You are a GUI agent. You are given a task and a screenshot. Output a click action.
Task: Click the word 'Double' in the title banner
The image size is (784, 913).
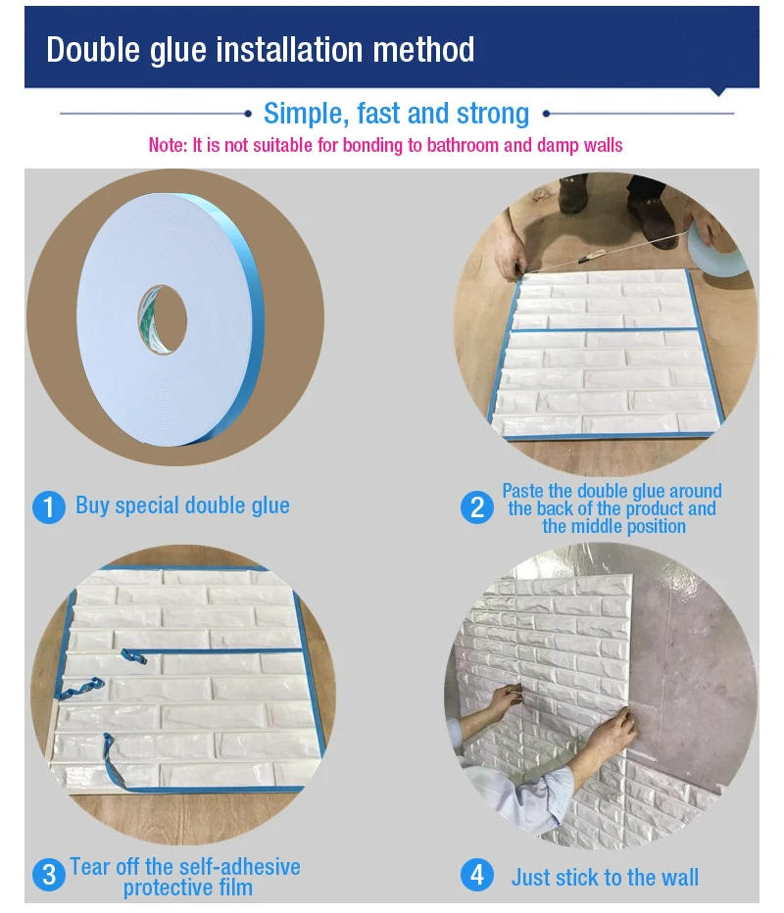pyautogui.click(x=93, y=50)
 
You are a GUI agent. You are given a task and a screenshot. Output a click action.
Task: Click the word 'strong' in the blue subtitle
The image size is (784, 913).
pyautogui.click(x=492, y=114)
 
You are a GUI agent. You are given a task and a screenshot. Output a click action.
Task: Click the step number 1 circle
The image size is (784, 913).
pyautogui.click(x=49, y=507)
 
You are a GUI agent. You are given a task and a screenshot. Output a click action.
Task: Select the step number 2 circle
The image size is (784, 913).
pyautogui.click(x=477, y=507)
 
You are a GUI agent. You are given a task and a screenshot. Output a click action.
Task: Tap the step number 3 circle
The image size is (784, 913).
pyautogui.click(x=49, y=874)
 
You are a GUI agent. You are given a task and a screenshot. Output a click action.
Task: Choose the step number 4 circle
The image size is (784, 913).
pyautogui.click(x=477, y=875)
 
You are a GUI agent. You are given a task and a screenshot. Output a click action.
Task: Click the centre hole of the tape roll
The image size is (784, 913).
pyautogui.click(x=163, y=319)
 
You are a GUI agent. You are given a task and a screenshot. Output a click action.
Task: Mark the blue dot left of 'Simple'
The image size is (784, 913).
pyautogui.click(x=248, y=114)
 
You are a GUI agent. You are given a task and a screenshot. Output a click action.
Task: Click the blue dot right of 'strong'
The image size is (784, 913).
pyautogui.click(x=547, y=114)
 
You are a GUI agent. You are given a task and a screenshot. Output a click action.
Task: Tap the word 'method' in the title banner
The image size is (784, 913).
pyautogui.click(x=423, y=50)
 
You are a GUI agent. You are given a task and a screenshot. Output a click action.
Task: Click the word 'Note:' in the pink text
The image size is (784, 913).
pyautogui.click(x=168, y=145)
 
